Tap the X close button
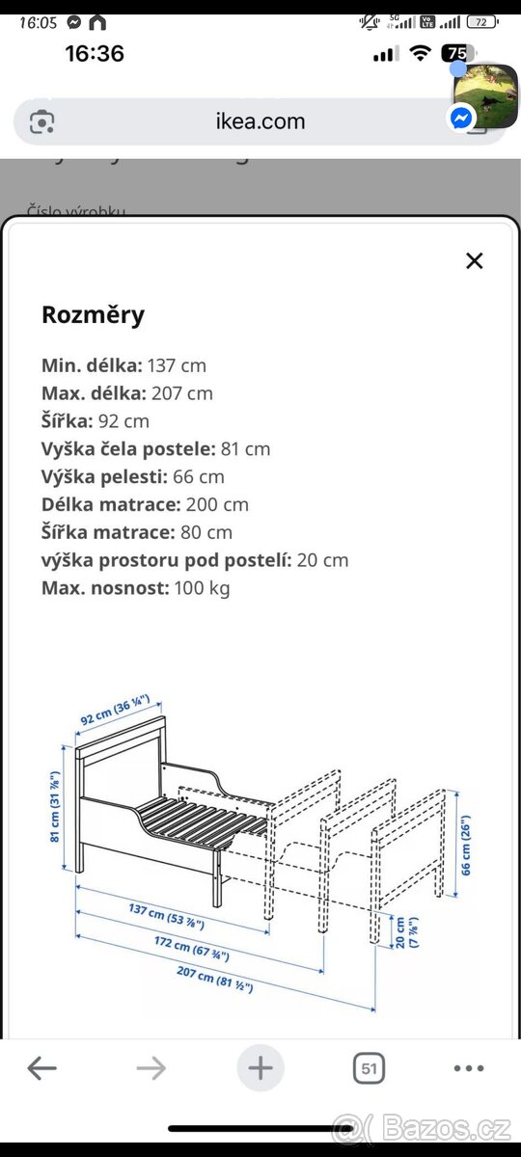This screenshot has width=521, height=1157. coord(474,260)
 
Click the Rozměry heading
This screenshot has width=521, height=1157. coord(93,314)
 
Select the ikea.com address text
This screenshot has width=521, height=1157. coord(260,121)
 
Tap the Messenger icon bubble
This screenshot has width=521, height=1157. coord(461,118)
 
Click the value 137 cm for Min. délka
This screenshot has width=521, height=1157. coord(177,365)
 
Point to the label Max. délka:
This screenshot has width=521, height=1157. coord(93,393)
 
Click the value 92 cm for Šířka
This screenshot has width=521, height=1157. coord(124,421)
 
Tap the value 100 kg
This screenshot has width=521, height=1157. coord(202,588)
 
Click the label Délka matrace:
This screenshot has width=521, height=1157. coord(111,504)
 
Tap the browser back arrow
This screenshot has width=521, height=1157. coord(41,1068)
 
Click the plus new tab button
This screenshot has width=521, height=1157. coord(260,1068)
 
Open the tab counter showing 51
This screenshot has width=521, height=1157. coord(368,1068)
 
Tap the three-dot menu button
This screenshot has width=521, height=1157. coord(469,1068)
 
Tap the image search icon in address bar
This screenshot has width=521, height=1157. coord(42,121)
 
